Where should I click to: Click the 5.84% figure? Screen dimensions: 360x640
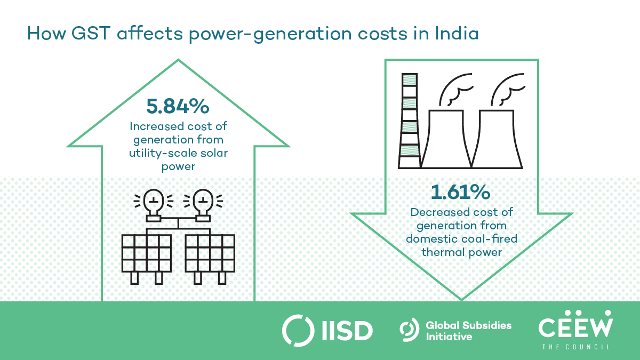(x=178, y=107)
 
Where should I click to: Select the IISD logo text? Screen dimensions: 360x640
(x=349, y=330)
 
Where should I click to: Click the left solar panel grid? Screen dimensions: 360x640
(x=147, y=253)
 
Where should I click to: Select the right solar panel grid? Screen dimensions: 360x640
(x=209, y=253)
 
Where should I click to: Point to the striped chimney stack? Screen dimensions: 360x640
(x=408, y=121)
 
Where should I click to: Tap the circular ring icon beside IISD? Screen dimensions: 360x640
(x=297, y=330)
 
